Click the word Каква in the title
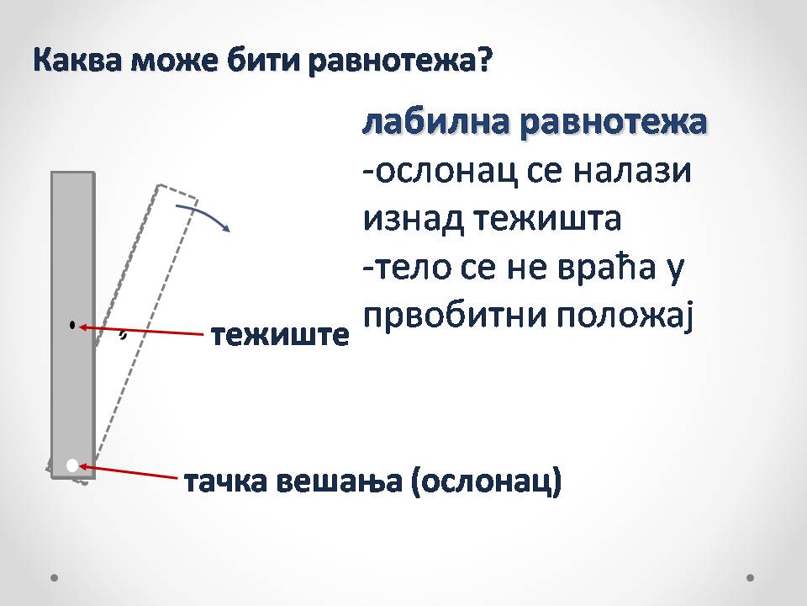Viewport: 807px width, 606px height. coord(78,61)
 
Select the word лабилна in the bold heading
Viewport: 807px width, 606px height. coord(436,123)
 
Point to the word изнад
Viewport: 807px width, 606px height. coord(413,219)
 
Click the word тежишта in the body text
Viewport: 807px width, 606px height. coord(547,220)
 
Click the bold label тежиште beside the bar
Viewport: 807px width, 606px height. coord(280,335)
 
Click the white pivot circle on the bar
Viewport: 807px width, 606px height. coord(72,465)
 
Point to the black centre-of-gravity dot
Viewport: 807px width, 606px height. coord(72,325)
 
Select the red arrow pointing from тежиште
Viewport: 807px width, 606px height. coord(141,330)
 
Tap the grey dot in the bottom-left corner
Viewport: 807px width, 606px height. coord(54,577)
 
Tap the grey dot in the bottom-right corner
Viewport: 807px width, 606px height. coord(750,577)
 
